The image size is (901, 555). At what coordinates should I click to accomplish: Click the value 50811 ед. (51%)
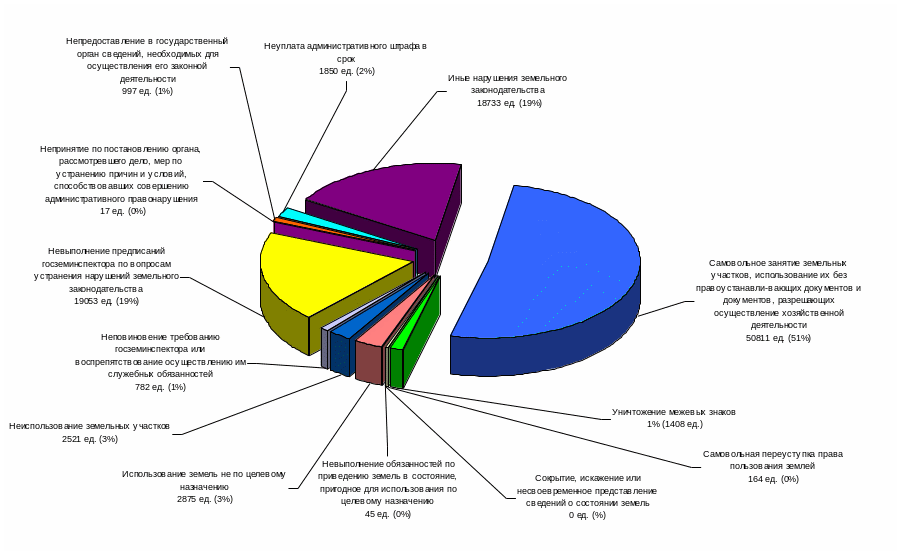click(x=778, y=338)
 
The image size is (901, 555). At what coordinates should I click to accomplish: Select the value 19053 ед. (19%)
click(x=106, y=301)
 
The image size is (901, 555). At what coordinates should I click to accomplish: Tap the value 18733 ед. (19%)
click(x=509, y=103)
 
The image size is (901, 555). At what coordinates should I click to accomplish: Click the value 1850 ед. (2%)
click(x=346, y=71)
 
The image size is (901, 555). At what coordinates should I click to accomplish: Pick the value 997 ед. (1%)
click(x=147, y=91)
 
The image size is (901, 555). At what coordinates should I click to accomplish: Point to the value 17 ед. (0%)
click(x=123, y=211)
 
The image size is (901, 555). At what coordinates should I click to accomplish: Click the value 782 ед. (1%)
click(x=160, y=387)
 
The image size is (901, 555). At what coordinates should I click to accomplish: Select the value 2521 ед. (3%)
click(x=90, y=439)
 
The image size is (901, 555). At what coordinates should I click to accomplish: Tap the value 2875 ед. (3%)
click(x=204, y=499)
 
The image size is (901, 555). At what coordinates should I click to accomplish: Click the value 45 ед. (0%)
click(x=387, y=514)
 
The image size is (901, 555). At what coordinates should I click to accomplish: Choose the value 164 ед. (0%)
click(x=772, y=479)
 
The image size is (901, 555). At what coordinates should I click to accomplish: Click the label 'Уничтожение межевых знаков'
click(x=674, y=411)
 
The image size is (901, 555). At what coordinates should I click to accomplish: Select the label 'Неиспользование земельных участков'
click(x=90, y=426)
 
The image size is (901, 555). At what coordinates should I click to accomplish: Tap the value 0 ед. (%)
click(x=587, y=515)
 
